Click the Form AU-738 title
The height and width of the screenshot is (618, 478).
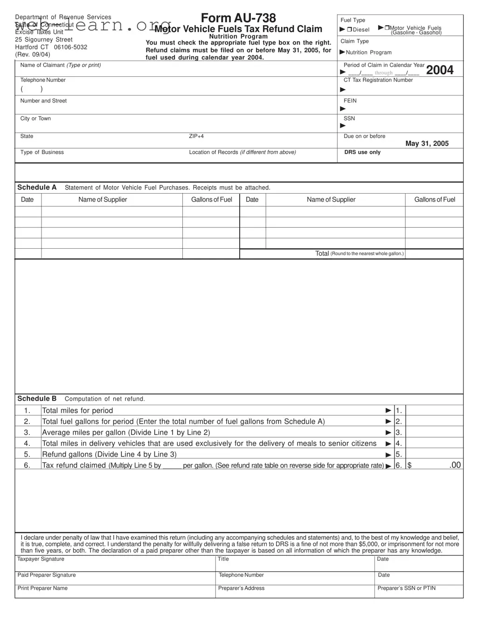click(238, 18)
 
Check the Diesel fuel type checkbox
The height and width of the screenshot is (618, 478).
click(349, 30)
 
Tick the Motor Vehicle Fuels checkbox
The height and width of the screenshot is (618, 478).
click(387, 28)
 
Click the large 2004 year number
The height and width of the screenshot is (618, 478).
click(440, 70)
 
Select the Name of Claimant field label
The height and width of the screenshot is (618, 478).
click(60, 65)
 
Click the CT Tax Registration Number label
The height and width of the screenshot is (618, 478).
click(378, 80)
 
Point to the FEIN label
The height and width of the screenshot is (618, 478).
click(350, 101)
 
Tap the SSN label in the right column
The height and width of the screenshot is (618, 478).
click(349, 118)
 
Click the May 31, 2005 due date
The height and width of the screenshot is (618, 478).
click(427, 143)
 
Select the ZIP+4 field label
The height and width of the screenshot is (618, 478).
click(196, 136)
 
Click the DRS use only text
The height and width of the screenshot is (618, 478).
click(362, 152)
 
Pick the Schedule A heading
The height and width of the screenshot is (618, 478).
click(37, 187)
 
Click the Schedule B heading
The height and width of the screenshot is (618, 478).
click(37, 399)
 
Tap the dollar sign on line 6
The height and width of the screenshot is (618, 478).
click(409, 465)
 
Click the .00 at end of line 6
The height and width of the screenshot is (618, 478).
click(455, 465)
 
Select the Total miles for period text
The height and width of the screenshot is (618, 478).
click(77, 410)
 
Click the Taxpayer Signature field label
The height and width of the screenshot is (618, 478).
click(41, 559)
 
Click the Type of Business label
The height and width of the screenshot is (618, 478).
click(42, 152)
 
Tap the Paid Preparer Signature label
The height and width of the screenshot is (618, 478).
click(47, 575)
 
